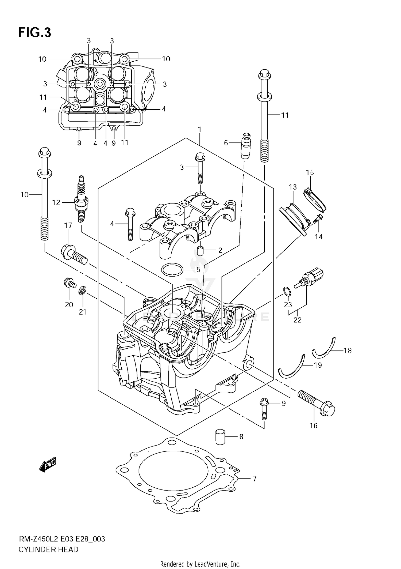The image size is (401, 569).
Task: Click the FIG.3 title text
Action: (x=34, y=33)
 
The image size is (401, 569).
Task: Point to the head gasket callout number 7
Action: (x=254, y=478)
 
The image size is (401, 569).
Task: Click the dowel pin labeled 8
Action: (x=220, y=437)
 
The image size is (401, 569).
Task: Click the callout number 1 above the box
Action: (x=199, y=130)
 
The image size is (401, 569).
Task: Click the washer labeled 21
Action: (x=82, y=290)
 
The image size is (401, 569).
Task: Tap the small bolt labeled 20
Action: (x=69, y=283)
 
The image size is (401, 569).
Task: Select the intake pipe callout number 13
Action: (x=293, y=187)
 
